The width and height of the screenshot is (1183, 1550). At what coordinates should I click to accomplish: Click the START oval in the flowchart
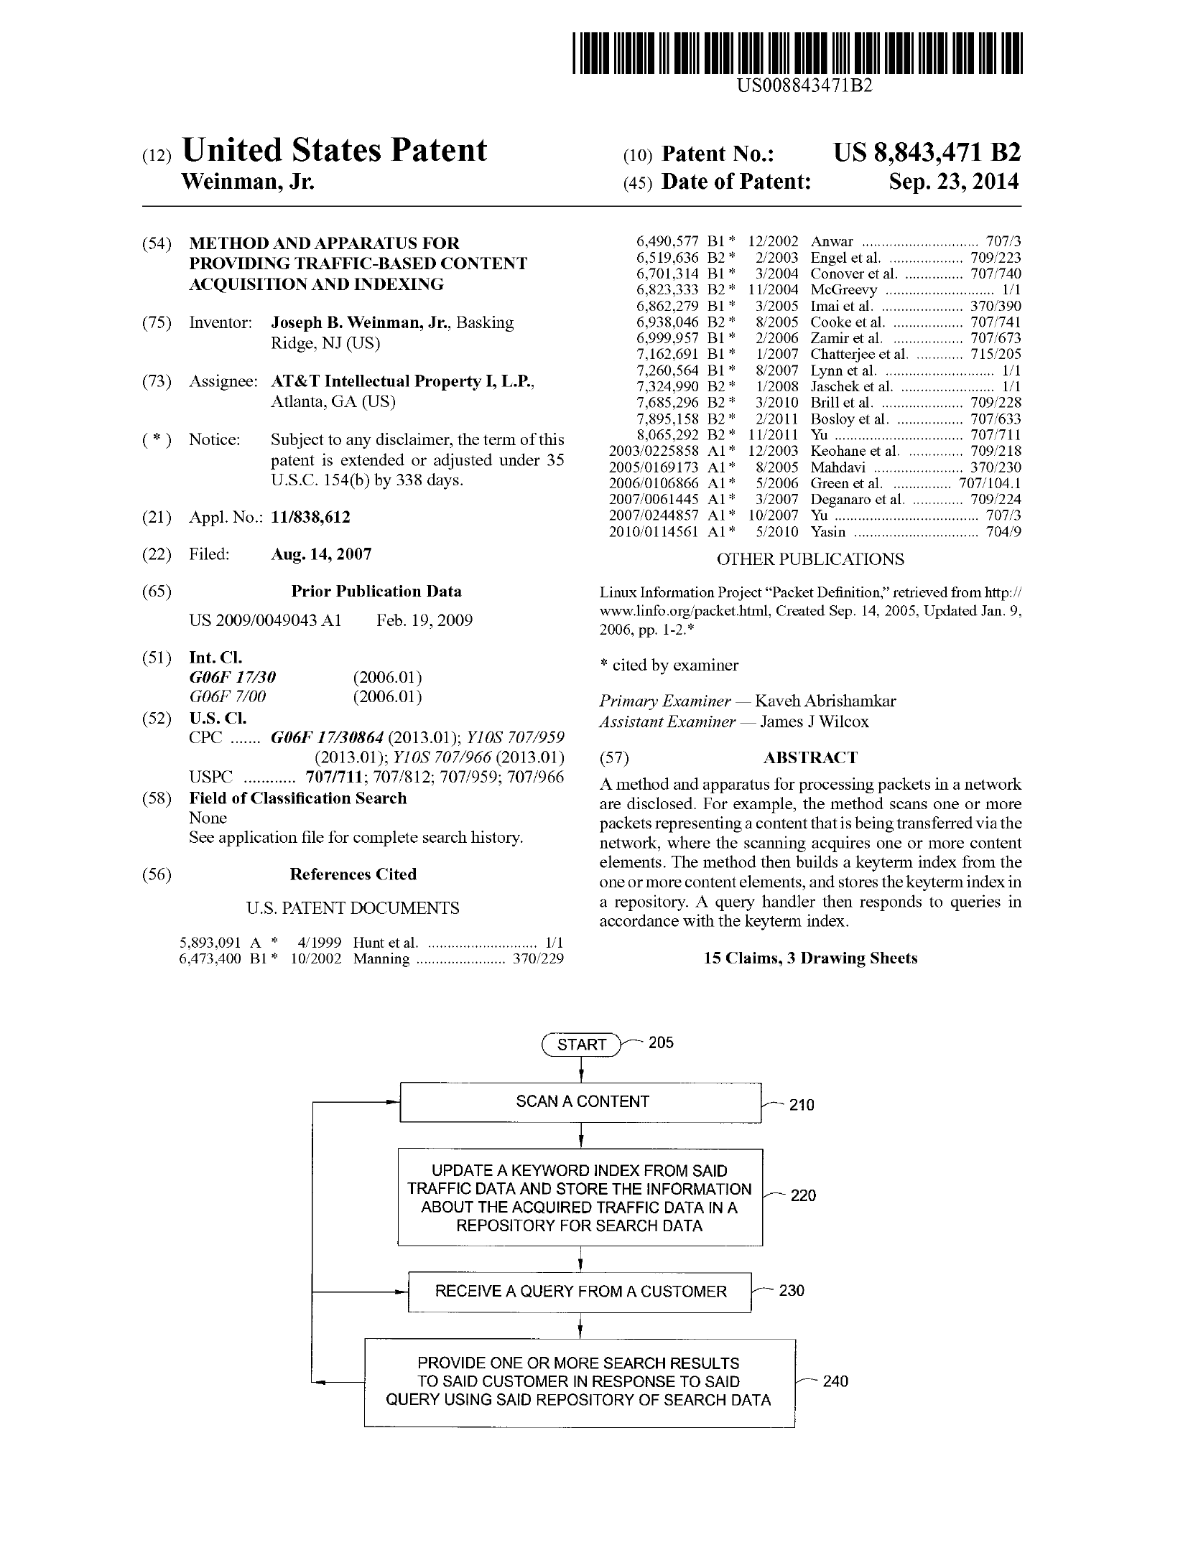coord(581,1044)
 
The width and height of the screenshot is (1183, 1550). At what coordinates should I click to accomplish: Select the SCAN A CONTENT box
coord(580,1102)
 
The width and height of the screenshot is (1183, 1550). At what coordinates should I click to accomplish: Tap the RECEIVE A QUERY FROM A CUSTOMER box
coord(580,1292)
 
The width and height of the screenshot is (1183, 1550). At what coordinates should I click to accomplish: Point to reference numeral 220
coord(803,1195)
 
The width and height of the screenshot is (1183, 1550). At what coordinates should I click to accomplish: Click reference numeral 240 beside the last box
coord(835,1381)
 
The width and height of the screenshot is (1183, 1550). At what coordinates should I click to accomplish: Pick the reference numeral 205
coord(661,1042)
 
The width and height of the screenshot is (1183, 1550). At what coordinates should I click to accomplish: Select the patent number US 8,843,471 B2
coord(927,153)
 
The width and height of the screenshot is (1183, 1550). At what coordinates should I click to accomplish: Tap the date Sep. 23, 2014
coord(953,182)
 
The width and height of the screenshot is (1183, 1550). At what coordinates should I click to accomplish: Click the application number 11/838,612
coord(310,518)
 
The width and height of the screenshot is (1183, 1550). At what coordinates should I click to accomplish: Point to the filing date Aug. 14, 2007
coord(321,554)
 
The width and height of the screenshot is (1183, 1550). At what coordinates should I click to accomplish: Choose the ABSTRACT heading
coord(810,758)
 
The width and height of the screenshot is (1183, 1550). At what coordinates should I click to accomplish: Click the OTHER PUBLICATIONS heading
coord(810,559)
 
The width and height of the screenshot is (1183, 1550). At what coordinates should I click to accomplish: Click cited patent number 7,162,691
coord(667,354)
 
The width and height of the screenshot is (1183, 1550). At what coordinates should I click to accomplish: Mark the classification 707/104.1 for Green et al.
coord(990,483)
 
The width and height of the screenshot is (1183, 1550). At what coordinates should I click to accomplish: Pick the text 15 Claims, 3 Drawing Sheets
coord(810,958)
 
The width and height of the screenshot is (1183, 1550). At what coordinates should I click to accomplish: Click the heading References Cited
coord(353,874)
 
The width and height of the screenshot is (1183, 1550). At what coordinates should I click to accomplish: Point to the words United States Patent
coord(335,150)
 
